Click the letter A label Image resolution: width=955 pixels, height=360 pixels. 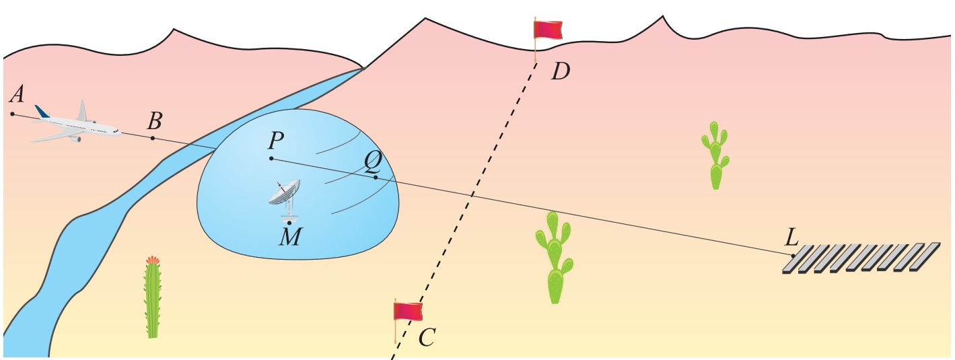click(x=17, y=94)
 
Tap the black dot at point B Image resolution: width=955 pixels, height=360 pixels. click(x=153, y=138)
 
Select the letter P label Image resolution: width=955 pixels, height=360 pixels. click(x=276, y=141)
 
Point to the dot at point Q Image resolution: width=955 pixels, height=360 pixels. click(x=375, y=177)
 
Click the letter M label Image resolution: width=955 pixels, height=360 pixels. click(x=291, y=237)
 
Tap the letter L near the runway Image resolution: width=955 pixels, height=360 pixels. click(x=791, y=238)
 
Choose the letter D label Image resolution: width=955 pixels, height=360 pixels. click(x=560, y=71)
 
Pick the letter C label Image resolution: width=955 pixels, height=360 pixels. click(x=427, y=338)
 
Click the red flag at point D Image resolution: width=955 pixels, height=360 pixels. click(x=548, y=30)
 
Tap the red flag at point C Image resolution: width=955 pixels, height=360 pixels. click(x=408, y=312)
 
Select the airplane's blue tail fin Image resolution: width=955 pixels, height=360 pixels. click(x=42, y=112)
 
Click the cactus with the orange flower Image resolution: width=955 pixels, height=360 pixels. click(x=153, y=297)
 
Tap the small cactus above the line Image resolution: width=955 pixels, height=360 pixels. click(x=715, y=155)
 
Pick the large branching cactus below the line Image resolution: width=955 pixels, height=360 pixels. click(x=554, y=258)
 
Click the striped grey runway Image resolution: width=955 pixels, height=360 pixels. click(x=861, y=258)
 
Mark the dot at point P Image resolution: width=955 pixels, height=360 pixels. click(x=271, y=159)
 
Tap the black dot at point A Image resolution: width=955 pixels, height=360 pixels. click(x=12, y=114)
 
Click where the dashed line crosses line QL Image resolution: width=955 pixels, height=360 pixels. click(x=472, y=194)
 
